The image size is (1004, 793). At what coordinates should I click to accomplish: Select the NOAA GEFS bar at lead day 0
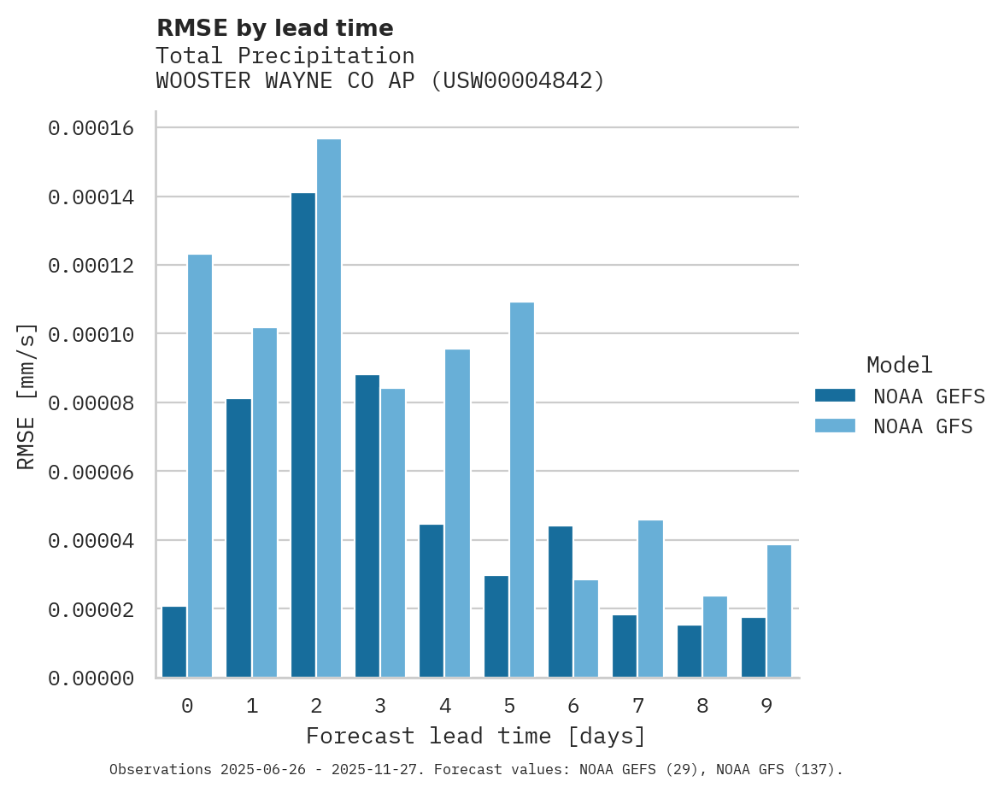(x=174, y=642)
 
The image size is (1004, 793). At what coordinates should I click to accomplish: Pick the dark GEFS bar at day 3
(x=367, y=526)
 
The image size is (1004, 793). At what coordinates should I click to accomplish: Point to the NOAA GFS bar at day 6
(x=586, y=629)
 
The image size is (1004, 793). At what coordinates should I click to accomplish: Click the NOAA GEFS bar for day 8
(x=690, y=651)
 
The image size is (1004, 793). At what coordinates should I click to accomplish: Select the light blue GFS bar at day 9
(x=779, y=611)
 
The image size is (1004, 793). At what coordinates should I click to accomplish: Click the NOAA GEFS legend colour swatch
(x=835, y=396)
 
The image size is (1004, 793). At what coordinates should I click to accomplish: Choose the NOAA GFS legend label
(x=923, y=426)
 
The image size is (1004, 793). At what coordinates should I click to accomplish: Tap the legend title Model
(x=899, y=365)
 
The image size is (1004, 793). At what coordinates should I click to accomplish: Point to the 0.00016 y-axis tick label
(x=91, y=129)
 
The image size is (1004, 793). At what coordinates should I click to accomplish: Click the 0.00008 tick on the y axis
(x=91, y=403)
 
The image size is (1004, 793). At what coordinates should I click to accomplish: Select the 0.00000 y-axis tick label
(x=91, y=678)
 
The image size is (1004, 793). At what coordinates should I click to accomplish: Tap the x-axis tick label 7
(x=637, y=707)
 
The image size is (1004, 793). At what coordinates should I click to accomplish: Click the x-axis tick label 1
(x=252, y=707)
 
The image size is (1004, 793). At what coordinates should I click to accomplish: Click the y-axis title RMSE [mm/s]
(x=26, y=396)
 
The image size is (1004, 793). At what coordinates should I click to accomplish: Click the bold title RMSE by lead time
(x=274, y=28)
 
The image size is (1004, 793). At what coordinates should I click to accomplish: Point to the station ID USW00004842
(x=523, y=81)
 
